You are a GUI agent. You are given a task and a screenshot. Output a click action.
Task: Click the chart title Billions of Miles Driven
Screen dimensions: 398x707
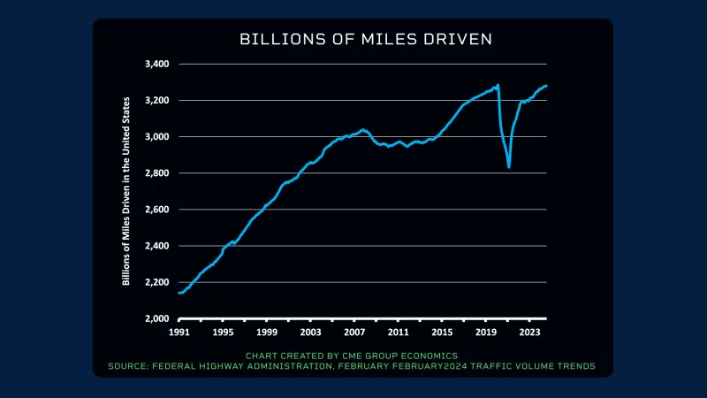click(353, 41)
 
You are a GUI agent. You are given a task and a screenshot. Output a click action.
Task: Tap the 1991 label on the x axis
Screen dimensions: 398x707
click(179, 333)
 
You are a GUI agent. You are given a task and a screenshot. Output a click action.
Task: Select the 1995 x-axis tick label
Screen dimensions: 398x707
click(223, 333)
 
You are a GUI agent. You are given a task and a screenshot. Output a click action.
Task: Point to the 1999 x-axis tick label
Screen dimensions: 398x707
click(267, 333)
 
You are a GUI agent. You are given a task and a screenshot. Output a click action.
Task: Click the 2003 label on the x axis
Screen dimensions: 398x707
click(310, 333)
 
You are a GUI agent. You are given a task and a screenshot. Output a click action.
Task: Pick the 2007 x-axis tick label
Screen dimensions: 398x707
click(354, 333)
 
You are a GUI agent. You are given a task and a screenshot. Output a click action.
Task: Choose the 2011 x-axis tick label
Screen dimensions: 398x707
click(398, 333)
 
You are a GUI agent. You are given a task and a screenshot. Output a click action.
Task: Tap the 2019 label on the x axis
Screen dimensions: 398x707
click(485, 333)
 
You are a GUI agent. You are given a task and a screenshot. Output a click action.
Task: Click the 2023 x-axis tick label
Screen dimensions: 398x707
click(529, 333)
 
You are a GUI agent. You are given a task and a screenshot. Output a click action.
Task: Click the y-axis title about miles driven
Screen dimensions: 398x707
click(127, 191)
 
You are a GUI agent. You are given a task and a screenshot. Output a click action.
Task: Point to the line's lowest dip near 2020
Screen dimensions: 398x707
click(509, 166)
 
